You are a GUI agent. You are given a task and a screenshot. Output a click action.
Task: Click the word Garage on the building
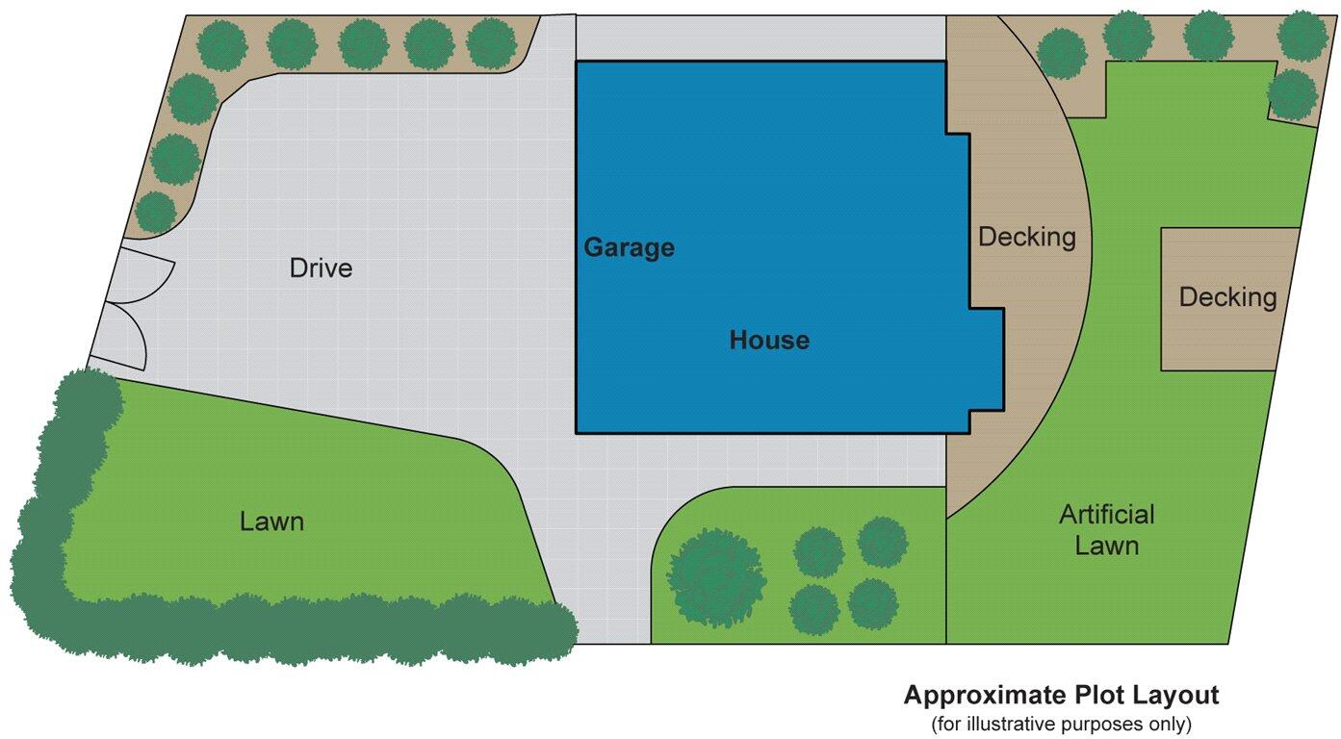click(629, 248)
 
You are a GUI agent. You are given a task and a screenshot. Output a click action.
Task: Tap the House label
click(768, 340)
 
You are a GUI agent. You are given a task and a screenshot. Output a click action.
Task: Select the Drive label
click(321, 268)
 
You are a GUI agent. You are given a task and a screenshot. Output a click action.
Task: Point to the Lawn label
click(271, 522)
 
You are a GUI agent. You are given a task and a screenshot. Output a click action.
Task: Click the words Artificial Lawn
click(1106, 529)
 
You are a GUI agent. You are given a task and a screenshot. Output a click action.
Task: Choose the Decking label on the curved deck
click(1026, 236)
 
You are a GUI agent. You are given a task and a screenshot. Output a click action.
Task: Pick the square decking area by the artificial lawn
click(1226, 298)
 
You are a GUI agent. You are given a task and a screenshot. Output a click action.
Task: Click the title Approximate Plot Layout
click(1061, 695)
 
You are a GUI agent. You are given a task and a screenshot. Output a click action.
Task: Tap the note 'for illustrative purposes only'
click(1061, 723)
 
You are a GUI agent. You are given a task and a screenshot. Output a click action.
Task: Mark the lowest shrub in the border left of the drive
click(155, 213)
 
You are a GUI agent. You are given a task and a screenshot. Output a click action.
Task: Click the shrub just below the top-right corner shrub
click(1292, 94)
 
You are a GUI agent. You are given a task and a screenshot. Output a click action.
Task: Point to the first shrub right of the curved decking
click(1063, 54)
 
